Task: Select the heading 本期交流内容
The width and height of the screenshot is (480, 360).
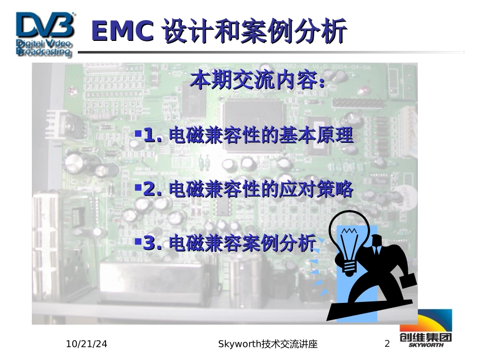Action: (x=258, y=81)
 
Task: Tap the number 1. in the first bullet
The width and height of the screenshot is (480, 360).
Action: (x=153, y=135)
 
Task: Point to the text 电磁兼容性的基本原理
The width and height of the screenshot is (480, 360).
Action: (x=261, y=135)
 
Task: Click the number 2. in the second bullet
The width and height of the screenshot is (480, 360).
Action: (x=153, y=189)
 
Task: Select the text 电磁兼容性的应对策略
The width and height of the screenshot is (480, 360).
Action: (x=261, y=189)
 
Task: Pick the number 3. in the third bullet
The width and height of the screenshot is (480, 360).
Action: (x=153, y=243)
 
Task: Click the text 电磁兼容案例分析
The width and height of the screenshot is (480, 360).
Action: (x=242, y=243)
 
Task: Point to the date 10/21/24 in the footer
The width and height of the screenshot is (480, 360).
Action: (x=87, y=344)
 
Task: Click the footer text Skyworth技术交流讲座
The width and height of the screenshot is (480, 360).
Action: (x=268, y=344)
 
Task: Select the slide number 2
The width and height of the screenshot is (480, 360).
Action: (x=388, y=344)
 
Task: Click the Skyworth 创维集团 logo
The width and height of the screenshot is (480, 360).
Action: (x=426, y=328)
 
